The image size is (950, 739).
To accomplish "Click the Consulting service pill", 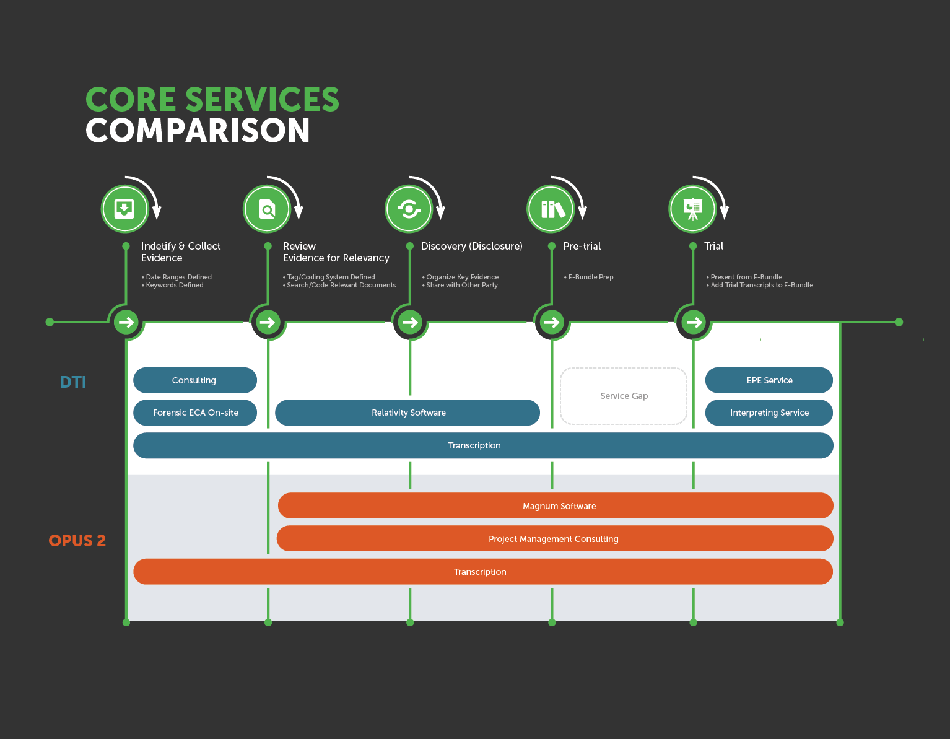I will pyautogui.click(x=194, y=380).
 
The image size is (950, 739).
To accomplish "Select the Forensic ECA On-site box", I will pyautogui.click(x=194, y=413).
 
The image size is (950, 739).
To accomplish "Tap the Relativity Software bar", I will pyautogui.click(x=407, y=413).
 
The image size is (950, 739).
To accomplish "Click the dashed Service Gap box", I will pyautogui.click(x=624, y=396).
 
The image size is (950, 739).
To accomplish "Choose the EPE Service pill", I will pyautogui.click(x=769, y=380).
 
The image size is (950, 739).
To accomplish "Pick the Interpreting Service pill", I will pyautogui.click(x=769, y=413).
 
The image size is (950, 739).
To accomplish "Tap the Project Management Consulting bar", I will pyautogui.click(x=554, y=539).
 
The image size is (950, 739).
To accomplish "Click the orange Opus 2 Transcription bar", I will pyautogui.click(x=483, y=572).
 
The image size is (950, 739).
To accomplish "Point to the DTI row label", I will pyautogui.click(x=73, y=382).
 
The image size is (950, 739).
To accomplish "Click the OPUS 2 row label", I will pyautogui.click(x=77, y=541).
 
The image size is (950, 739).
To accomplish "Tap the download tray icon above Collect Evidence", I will pyautogui.click(x=124, y=209).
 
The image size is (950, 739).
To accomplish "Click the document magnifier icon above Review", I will pyautogui.click(x=267, y=209).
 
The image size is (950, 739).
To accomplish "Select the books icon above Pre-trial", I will pyautogui.click(x=551, y=209).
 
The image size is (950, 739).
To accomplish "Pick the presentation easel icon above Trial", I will pyautogui.click(x=692, y=209).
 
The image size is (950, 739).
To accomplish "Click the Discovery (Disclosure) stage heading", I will pyautogui.click(x=471, y=246).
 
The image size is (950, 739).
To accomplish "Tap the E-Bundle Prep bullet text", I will pyautogui.click(x=590, y=277).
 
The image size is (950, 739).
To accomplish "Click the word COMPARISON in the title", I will pyautogui.click(x=198, y=131).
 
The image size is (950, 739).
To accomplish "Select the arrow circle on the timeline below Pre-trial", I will pyautogui.click(x=551, y=322).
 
